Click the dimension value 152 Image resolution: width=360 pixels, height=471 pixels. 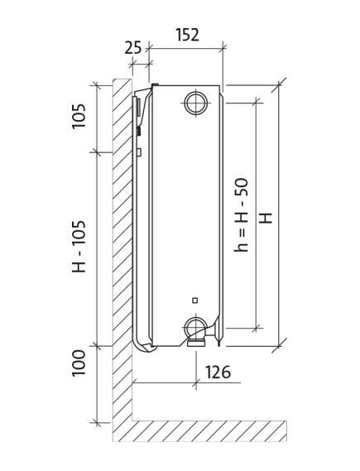pos(187,35)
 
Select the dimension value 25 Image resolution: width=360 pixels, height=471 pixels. pos(132,47)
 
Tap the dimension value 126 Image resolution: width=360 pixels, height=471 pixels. pos(218,372)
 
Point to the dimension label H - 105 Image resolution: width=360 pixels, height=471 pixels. pos(79,247)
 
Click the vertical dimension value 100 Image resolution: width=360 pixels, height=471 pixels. pos(79,363)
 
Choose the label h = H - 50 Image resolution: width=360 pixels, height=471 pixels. pos(241,214)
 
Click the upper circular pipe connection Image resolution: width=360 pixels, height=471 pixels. pos(196,103)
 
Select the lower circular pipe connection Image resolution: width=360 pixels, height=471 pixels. pos(194,328)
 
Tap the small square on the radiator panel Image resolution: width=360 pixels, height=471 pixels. pos(195,300)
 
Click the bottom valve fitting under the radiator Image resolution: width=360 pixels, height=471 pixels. pos(196,343)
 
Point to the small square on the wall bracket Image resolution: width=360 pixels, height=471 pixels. pos(139,151)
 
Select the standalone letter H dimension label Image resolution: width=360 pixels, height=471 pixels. pos(266,218)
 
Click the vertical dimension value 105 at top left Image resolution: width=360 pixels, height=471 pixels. pos(79,116)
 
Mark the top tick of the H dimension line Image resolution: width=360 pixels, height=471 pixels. pos(279,85)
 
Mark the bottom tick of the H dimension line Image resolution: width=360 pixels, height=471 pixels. pos(279,346)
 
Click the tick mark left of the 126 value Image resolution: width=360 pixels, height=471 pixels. pos(196,382)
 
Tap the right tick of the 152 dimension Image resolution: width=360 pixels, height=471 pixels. pos(223,47)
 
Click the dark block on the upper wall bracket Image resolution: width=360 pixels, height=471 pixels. pos(139,131)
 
